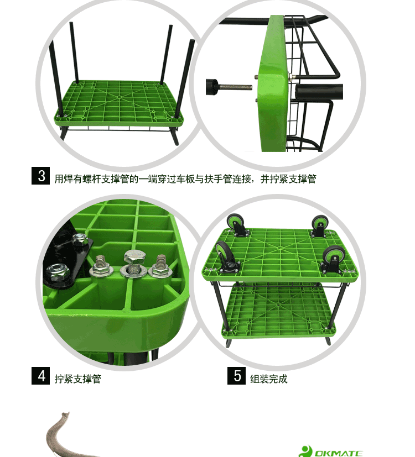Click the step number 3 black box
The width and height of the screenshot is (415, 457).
(40, 176)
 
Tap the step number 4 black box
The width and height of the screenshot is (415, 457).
(40, 376)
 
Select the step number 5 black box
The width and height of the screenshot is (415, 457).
(236, 376)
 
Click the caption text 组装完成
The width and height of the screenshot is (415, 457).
(269, 379)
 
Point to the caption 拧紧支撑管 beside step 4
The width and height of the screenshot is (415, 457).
(78, 379)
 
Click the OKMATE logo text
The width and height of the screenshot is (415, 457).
(338, 453)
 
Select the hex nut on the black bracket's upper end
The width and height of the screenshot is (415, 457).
(79, 240)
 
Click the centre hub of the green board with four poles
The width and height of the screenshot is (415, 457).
(119, 97)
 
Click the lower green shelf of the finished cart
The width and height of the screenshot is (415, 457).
(279, 311)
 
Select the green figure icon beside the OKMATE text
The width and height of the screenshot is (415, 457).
(306, 451)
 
